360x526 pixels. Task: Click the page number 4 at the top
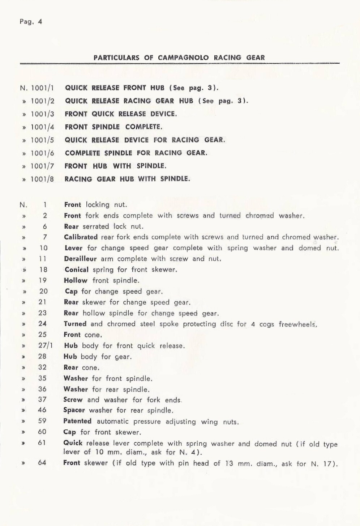pyautogui.click(x=40, y=22)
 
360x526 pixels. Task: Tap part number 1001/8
pyautogui.click(x=42, y=179)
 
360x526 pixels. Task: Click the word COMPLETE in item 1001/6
pyautogui.click(x=82, y=153)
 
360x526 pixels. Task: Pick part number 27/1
pyautogui.click(x=45, y=345)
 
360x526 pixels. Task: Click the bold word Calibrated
pyautogui.click(x=81, y=237)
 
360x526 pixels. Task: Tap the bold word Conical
pyautogui.click(x=77, y=270)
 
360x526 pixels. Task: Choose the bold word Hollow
pyautogui.click(x=76, y=280)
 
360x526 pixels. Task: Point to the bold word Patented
pyautogui.click(x=77, y=421)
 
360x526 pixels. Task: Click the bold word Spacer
pyautogui.click(x=74, y=410)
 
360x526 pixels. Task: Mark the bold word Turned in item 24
pyautogui.click(x=75, y=324)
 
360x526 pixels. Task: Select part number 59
pyautogui.click(x=42, y=421)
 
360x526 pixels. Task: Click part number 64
pyautogui.click(x=42, y=462)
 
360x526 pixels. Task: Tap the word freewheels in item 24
pyautogui.click(x=297, y=324)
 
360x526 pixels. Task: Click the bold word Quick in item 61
pyautogui.click(x=73, y=443)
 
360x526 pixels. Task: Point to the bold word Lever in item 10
pyautogui.click(x=74, y=248)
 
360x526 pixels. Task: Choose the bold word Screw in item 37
pyautogui.click(x=73, y=400)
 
